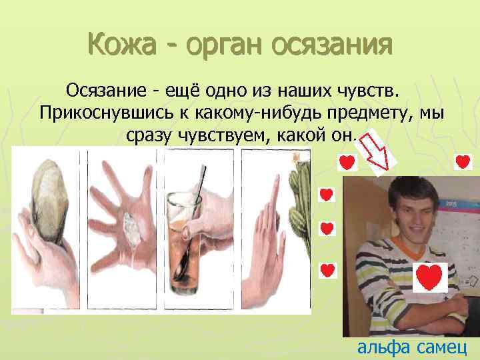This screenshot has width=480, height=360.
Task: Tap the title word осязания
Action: tap(336, 46)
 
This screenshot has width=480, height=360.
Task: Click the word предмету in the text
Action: tap(364, 112)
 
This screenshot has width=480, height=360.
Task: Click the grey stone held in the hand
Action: tap(51, 197)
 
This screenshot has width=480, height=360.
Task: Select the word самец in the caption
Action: tap(443, 347)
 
